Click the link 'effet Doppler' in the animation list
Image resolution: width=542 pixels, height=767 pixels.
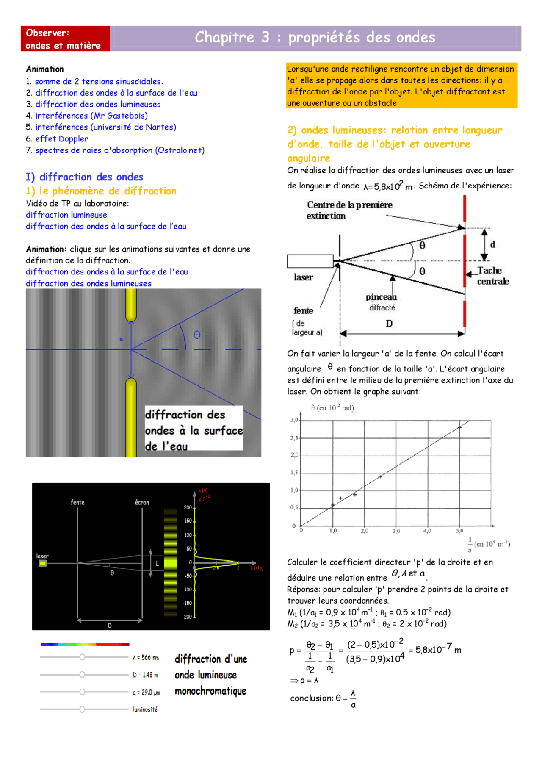[61, 139]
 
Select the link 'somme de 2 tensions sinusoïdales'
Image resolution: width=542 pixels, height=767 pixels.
[99, 82]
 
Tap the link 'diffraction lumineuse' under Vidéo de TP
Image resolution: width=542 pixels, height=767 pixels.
[66, 215]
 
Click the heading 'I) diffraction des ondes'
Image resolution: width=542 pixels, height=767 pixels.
[84, 177]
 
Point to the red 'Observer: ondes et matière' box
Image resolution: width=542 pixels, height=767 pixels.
[65, 39]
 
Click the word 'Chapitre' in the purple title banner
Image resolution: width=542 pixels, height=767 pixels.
[224, 38]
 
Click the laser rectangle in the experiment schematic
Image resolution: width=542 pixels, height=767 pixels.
[310, 261]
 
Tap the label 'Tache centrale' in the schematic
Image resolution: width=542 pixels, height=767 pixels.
[492, 276]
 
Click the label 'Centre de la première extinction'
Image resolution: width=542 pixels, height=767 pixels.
[349, 210]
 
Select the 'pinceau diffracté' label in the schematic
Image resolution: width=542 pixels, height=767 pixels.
[382, 302]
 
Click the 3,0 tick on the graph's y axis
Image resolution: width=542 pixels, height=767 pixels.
[294, 420]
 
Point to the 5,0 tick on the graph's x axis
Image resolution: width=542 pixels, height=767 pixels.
[459, 531]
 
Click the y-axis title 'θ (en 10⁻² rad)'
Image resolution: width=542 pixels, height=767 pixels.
[332, 408]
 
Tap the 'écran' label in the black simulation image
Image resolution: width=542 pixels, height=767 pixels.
[142, 503]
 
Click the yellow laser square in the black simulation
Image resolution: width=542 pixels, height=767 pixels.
[43, 563]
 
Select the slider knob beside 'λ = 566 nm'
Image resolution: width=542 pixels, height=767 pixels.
[82, 657]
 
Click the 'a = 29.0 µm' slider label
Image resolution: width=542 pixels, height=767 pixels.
[146, 692]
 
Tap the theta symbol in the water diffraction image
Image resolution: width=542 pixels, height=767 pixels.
[197, 335]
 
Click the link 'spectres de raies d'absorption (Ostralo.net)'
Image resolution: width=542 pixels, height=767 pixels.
[120, 150]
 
